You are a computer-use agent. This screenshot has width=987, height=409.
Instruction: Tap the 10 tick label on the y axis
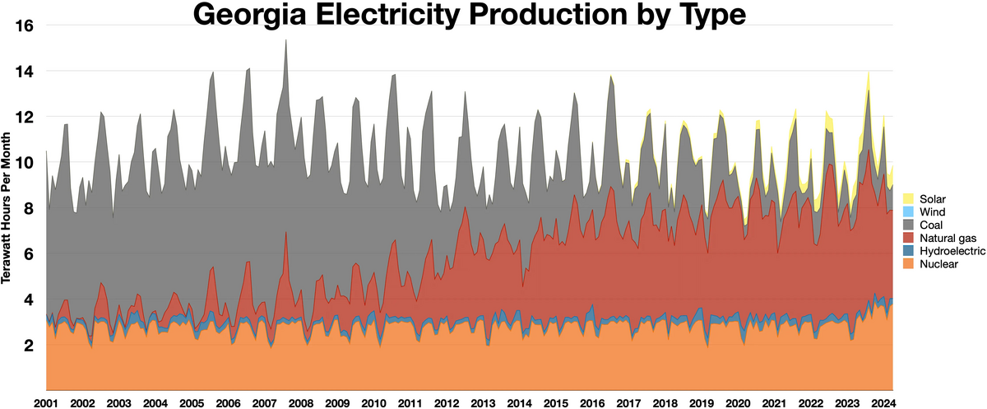(x=23, y=163)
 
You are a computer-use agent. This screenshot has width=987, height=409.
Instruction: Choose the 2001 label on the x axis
(x=46, y=403)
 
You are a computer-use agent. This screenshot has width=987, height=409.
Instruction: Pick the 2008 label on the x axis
(x=300, y=403)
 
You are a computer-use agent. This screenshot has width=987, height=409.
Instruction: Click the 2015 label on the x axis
(x=555, y=403)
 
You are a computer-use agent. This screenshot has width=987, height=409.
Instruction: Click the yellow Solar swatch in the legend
(x=909, y=199)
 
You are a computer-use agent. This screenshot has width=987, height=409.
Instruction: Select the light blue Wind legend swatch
(x=909, y=212)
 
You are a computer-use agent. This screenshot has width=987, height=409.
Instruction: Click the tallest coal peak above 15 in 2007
(x=285, y=43)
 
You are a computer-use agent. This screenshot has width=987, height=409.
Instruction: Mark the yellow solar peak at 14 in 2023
(x=869, y=74)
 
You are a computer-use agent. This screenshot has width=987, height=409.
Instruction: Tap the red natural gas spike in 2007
(x=285, y=235)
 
